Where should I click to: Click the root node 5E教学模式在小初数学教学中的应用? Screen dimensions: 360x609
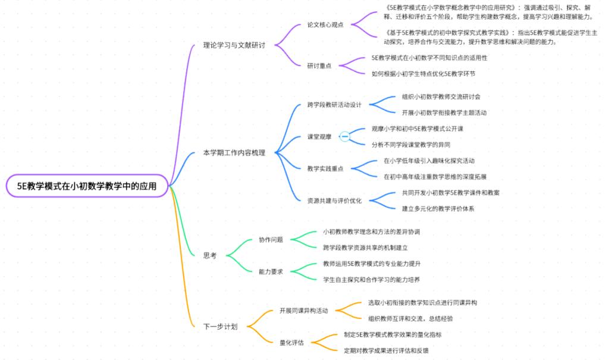tap(87, 186)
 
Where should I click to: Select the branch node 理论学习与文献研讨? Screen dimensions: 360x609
tap(234, 45)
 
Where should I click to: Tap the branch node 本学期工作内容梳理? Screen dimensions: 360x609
tap(234, 153)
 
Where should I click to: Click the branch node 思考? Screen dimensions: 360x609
tap(210, 255)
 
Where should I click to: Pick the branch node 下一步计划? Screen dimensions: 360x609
tap(220, 327)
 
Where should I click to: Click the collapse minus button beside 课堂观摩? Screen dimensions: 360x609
tap(344, 137)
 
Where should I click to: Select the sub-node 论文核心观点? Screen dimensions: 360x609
tap(325, 24)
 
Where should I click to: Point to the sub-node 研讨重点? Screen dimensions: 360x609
tap(319, 65)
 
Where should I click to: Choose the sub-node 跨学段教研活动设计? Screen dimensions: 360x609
tap(334, 105)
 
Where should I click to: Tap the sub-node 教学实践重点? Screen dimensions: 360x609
tap(325, 168)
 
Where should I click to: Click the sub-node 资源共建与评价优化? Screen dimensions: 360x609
tap(334, 201)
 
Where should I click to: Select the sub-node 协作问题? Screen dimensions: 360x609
tap(271, 239)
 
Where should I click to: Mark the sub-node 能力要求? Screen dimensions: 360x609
tap(271, 271)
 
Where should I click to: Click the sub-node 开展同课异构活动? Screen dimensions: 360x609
tap(303, 310)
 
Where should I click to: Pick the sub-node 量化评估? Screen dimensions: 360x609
tap(291, 342)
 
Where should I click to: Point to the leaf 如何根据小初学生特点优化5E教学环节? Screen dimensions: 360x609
tap(423, 74)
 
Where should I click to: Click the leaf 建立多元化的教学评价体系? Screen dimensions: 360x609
tap(438, 208)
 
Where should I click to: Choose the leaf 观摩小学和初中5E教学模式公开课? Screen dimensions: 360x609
tap(417, 129)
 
